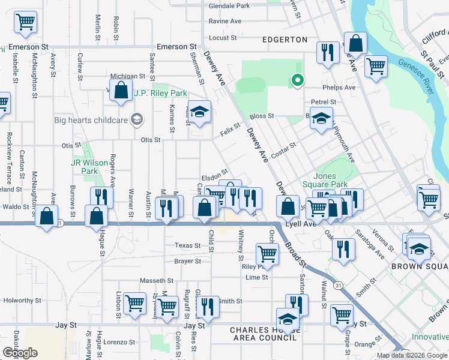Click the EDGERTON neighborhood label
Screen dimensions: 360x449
pos(285,40)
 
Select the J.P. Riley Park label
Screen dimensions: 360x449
pos(160,93)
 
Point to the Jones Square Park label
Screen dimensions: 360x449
pos(331,180)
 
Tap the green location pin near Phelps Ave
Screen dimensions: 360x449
pos(296,79)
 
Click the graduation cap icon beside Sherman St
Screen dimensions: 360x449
pos(200,110)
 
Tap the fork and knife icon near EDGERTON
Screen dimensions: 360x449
pos(328,53)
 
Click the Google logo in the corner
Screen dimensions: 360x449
pos(20,353)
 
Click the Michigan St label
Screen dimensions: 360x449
pos(127,77)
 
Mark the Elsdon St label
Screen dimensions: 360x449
pos(215,178)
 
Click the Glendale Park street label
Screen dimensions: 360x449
pos(229,6)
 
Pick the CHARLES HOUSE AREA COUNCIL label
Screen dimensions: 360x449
pos(263,334)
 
